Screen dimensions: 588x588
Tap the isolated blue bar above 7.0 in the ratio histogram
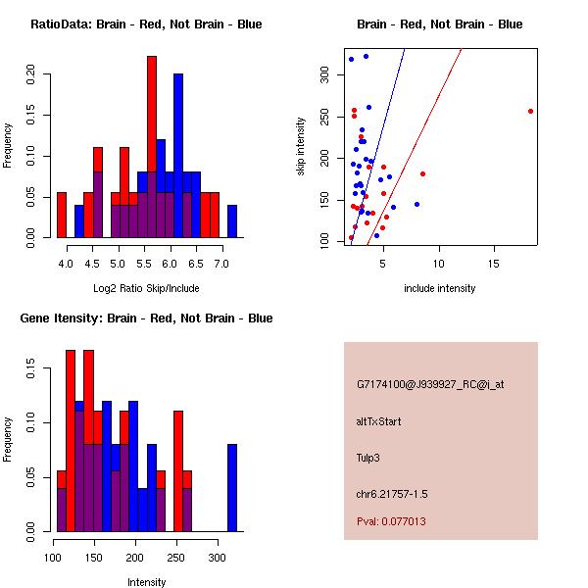point(232,220)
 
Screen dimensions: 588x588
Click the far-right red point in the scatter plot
point(530,111)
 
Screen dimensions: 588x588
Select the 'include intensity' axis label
point(440,288)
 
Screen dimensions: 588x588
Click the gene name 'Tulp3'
point(370,457)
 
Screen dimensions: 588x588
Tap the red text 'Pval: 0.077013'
point(391,521)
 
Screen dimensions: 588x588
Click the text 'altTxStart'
point(379,421)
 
